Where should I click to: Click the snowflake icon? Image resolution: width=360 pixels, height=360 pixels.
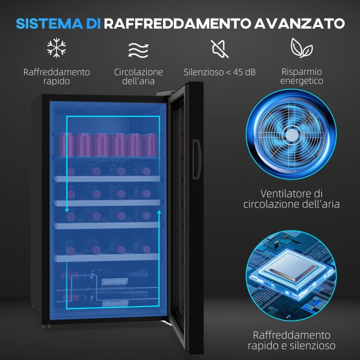(56, 48)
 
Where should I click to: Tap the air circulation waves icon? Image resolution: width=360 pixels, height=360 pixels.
(138, 50)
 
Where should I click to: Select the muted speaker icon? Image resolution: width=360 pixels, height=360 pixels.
(220, 48)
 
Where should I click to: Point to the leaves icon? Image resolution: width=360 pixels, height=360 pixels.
(301, 48)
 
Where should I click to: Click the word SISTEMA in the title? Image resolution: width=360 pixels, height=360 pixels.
(49, 24)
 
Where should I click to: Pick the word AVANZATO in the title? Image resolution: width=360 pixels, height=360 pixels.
(299, 24)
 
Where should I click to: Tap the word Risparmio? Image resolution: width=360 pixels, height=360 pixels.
(301, 72)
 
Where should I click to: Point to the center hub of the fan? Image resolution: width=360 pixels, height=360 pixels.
(291, 135)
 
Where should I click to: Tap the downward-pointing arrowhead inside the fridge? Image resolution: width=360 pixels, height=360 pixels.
(67, 210)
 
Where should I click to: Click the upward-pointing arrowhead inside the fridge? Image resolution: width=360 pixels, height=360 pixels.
(159, 211)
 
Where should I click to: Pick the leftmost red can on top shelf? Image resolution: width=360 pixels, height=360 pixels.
(66, 145)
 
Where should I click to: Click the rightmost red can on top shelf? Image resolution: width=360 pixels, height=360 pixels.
(152, 145)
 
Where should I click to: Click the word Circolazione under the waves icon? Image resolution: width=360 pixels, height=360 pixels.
(138, 72)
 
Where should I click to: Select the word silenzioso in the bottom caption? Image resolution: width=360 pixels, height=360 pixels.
(313, 345)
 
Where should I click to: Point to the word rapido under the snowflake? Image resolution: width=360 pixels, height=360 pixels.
(56, 81)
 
